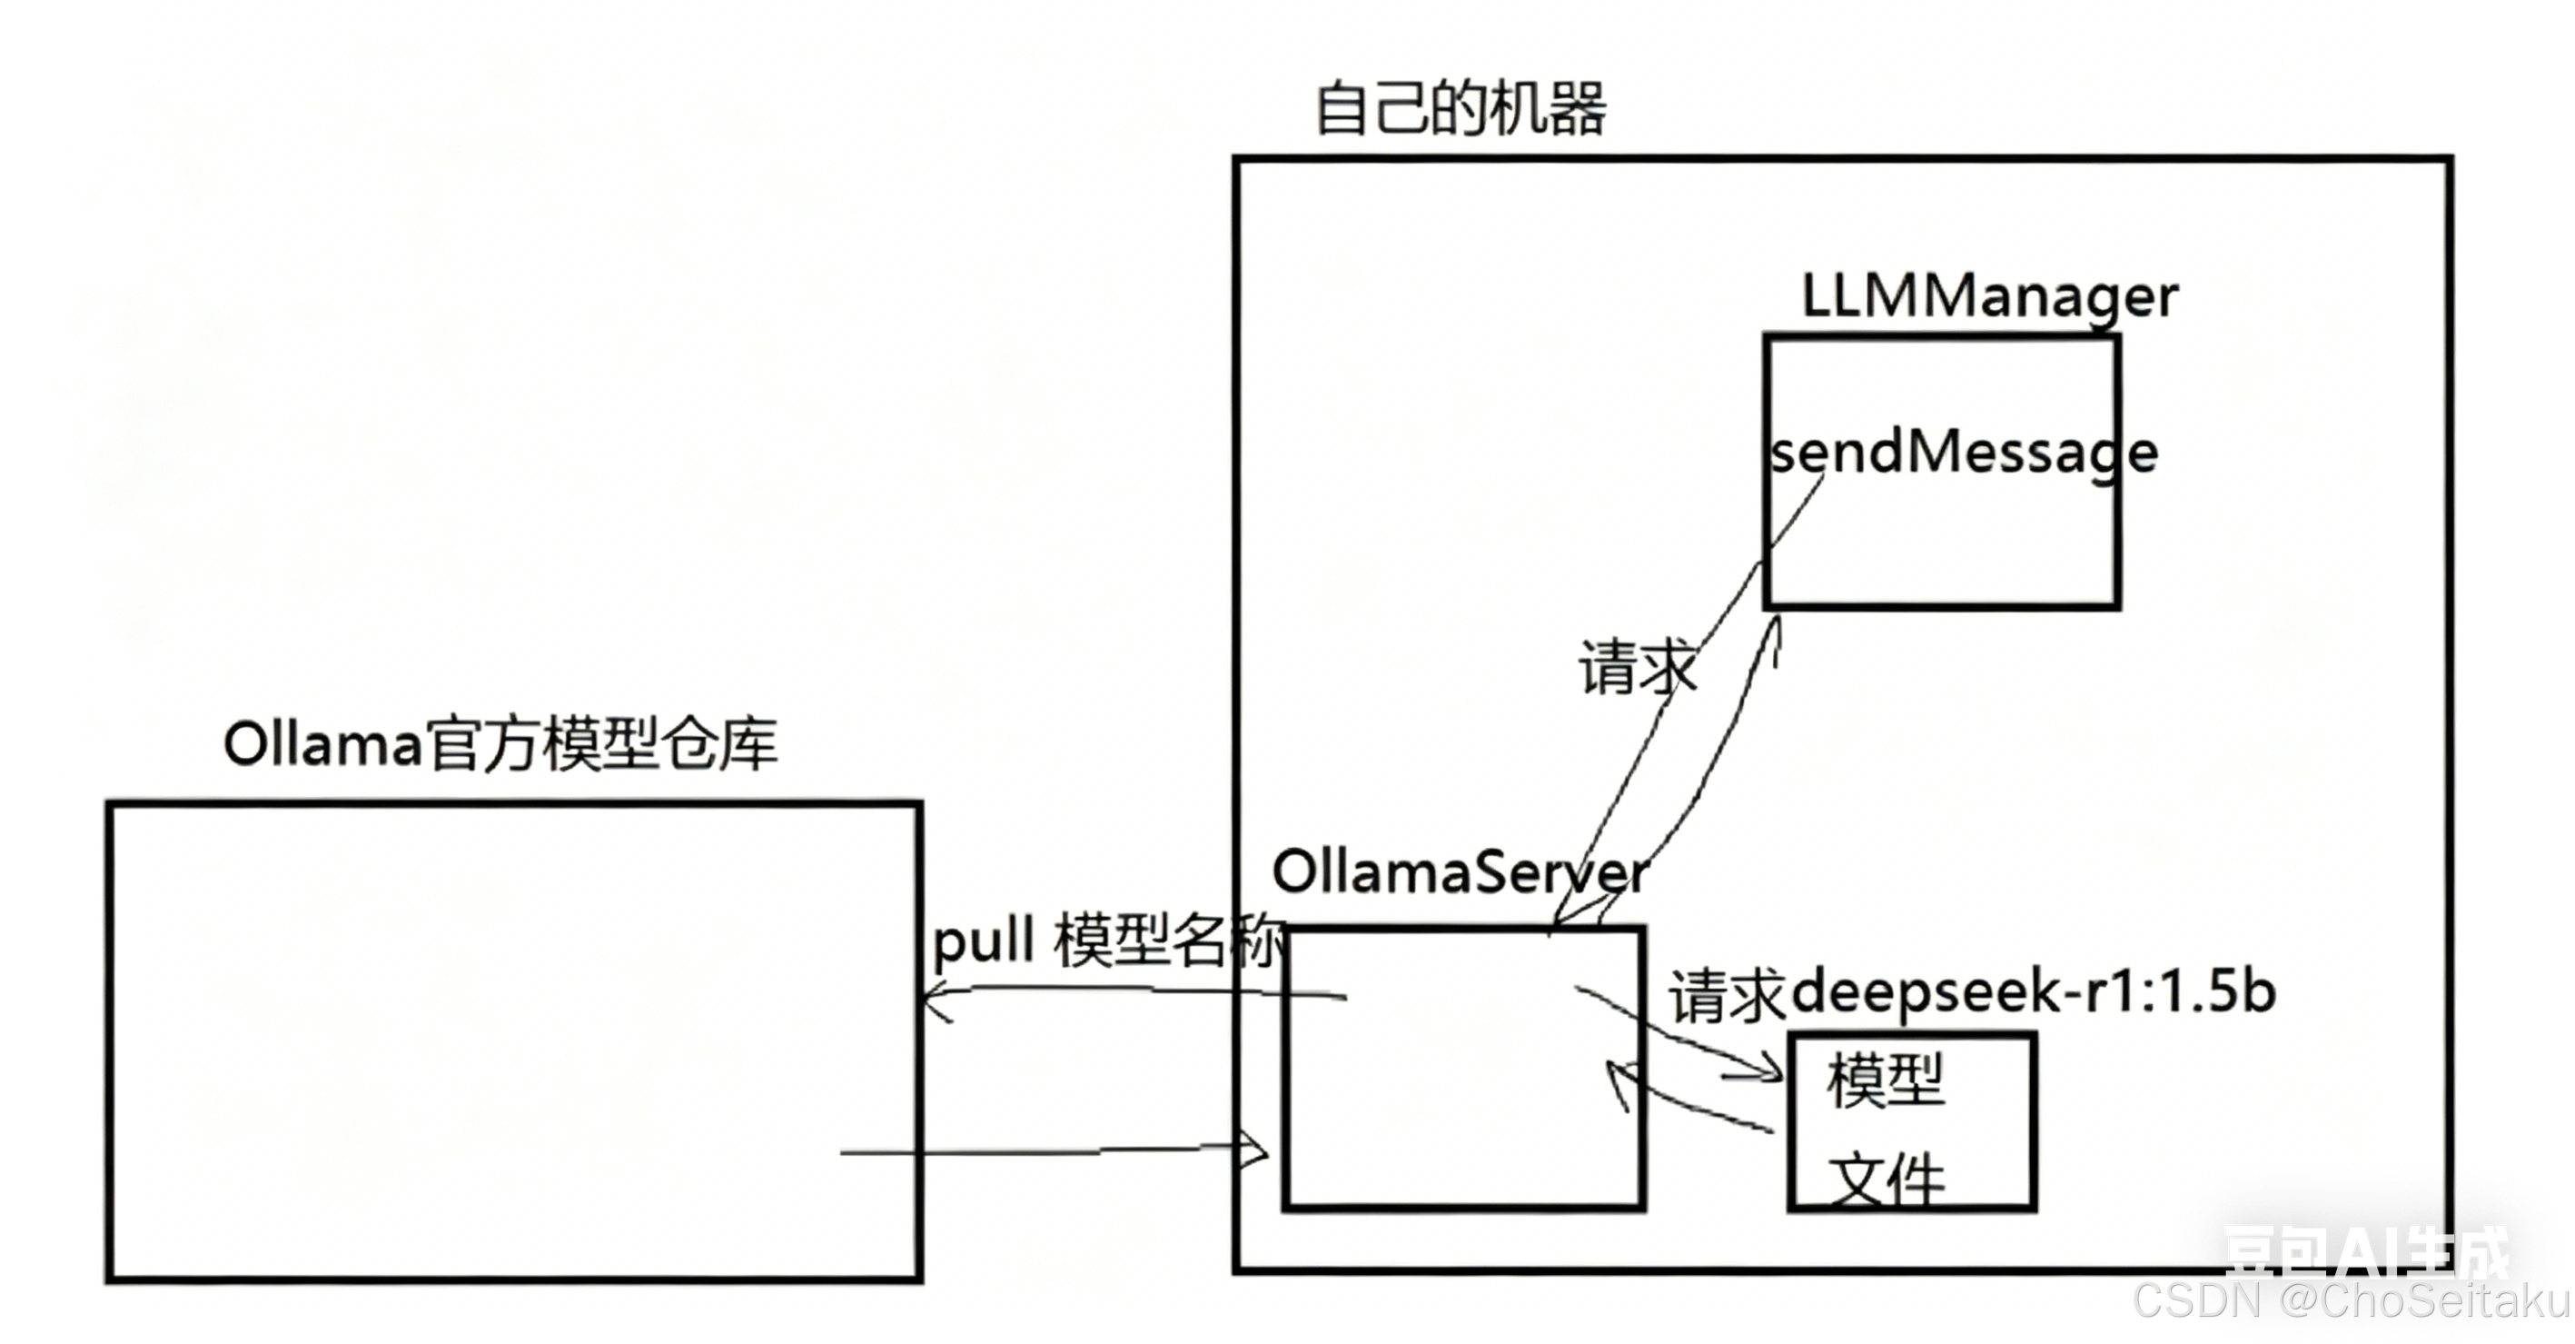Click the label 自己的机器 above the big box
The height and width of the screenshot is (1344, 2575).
[1460, 108]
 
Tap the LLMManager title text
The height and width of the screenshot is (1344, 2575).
[1989, 297]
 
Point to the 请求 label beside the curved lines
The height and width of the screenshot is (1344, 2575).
[1637, 667]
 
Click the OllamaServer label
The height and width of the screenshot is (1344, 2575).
[1460, 872]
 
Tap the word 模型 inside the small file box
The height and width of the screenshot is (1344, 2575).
[1886, 1081]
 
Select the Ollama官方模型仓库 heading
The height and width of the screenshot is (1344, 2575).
[500, 745]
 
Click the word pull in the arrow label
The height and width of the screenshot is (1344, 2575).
[983, 941]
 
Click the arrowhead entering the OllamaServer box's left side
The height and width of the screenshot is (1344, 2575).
[1254, 1150]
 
